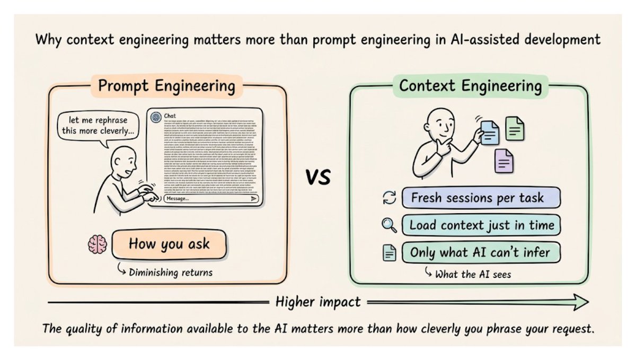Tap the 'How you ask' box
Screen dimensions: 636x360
click(x=170, y=244)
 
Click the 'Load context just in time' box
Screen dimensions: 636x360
click(x=481, y=225)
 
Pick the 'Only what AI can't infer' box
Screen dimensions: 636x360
click(x=481, y=252)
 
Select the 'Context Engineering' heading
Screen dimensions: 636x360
click(x=471, y=86)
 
